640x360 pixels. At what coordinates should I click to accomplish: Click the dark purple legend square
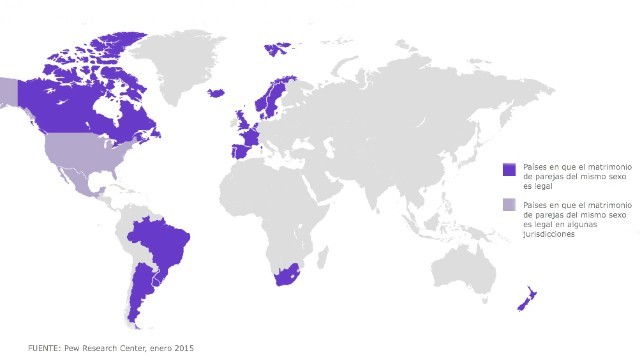point(508,169)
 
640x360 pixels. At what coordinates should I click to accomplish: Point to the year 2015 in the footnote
point(182,347)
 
